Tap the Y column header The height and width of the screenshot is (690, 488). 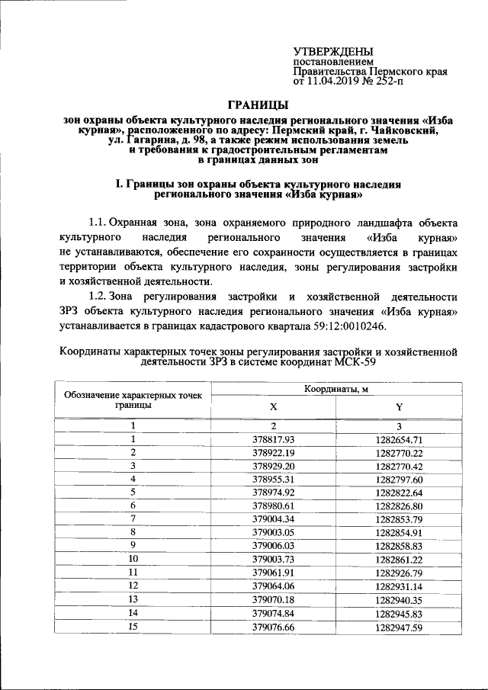click(x=399, y=406)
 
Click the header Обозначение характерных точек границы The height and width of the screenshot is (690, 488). click(x=133, y=400)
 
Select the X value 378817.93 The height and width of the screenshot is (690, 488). click(x=273, y=439)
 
